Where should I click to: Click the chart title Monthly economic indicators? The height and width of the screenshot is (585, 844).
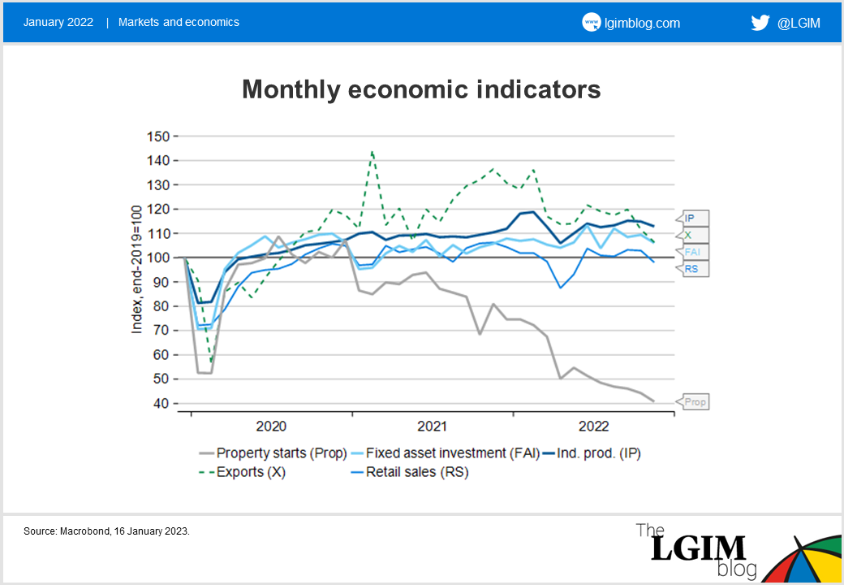point(421,89)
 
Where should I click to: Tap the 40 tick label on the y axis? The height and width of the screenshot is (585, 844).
point(161,403)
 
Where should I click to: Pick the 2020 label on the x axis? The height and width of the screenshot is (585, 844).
point(271,426)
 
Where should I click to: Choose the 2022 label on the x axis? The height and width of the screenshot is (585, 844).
point(594,426)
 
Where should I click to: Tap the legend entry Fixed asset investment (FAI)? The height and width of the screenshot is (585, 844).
point(453,453)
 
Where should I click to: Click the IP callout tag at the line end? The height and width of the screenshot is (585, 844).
point(691,219)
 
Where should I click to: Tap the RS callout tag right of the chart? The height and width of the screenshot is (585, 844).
point(692,268)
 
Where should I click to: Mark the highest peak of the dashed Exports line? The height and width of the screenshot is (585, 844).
point(372,151)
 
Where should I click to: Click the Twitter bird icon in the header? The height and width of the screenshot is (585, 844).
point(760,23)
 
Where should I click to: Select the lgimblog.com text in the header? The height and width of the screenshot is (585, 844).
point(643,23)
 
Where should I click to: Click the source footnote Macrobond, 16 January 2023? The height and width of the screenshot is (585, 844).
point(106,531)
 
